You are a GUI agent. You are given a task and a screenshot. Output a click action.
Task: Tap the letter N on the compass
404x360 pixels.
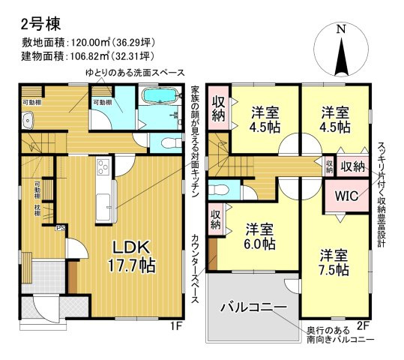pos(341,29)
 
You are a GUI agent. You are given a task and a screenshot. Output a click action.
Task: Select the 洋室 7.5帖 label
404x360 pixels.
pos(334,262)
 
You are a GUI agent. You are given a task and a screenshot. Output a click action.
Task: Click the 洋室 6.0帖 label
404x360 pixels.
pos(258,237)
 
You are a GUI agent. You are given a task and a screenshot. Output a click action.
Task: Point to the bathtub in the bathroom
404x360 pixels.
pos(159,97)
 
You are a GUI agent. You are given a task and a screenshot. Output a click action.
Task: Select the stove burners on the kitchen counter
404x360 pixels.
pos(102,169)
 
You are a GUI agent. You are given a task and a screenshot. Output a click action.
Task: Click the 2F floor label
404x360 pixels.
pos(364,325)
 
